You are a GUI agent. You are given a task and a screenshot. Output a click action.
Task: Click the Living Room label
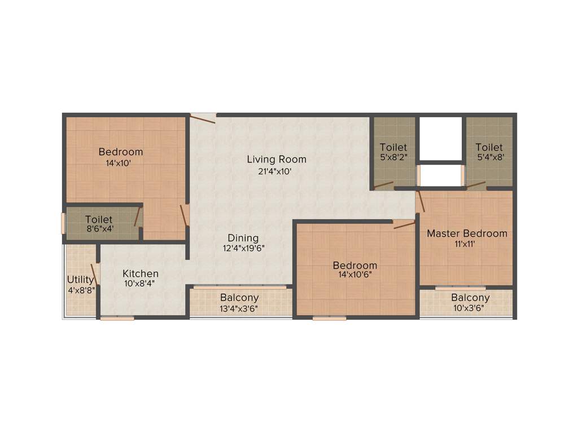(277, 159)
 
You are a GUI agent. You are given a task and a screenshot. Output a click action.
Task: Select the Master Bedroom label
(467, 233)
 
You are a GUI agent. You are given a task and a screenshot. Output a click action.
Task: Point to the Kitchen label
(141, 273)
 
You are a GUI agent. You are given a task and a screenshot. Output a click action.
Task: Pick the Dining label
(243, 238)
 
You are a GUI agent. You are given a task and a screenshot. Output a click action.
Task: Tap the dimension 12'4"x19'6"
(243, 248)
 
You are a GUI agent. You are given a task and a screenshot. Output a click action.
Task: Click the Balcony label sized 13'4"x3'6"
(239, 297)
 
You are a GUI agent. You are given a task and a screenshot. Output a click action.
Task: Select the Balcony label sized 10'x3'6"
(470, 297)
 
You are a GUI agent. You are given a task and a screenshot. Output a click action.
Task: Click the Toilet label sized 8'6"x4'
(99, 219)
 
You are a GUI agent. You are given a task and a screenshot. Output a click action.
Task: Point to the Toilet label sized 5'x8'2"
(393, 148)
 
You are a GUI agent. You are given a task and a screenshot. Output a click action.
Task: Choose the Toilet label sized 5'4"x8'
(489, 148)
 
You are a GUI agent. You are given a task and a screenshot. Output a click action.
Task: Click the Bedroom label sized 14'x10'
(121, 152)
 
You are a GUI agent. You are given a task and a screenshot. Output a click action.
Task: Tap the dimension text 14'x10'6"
(355, 275)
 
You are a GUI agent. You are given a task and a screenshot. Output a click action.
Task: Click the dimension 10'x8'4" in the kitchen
(141, 284)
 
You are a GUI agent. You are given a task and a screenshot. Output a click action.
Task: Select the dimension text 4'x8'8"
(81, 291)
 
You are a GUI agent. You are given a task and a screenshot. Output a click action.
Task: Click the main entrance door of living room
(203, 117)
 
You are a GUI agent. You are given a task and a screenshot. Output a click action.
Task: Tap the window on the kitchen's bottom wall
(117, 319)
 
